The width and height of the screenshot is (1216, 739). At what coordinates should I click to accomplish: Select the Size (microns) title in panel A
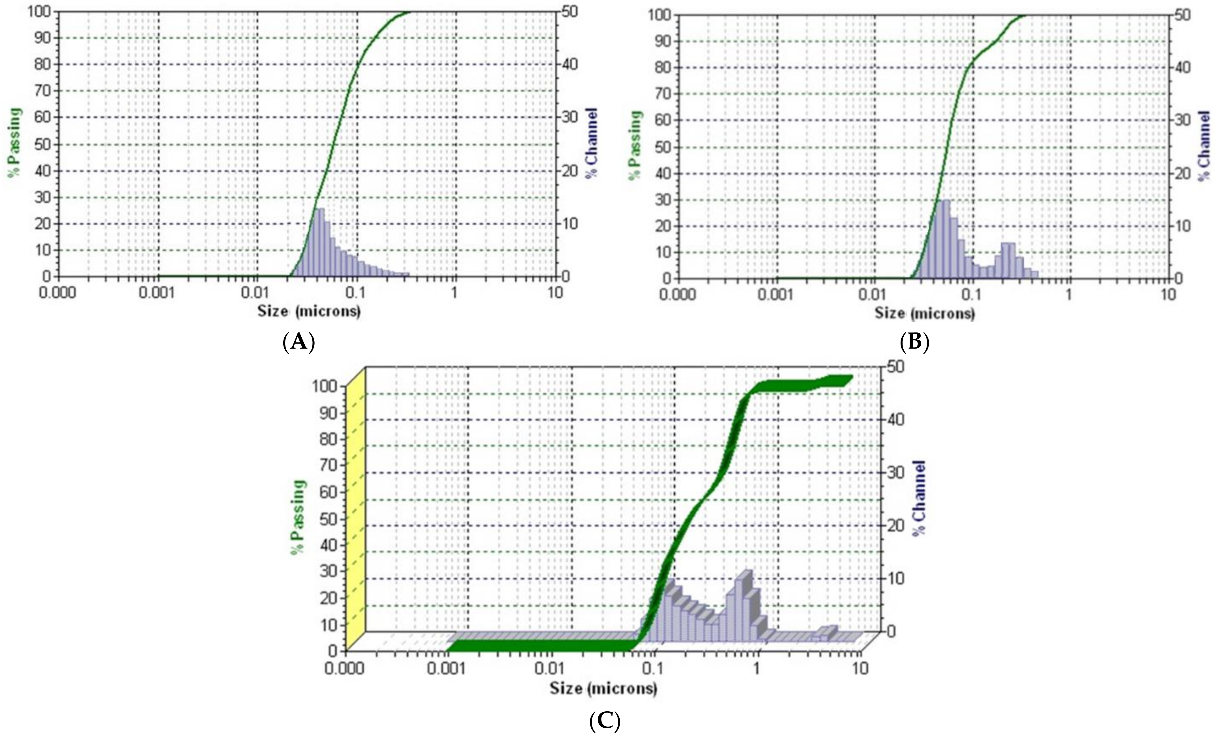(309, 311)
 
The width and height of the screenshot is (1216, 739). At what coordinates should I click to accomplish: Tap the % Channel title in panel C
(918, 497)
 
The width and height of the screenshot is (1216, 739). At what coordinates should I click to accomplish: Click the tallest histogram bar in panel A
(321, 242)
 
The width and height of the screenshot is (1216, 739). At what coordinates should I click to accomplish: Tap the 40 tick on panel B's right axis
(1182, 67)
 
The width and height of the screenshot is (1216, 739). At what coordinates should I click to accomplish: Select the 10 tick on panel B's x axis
(1168, 295)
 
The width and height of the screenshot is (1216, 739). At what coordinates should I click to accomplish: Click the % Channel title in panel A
(591, 143)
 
